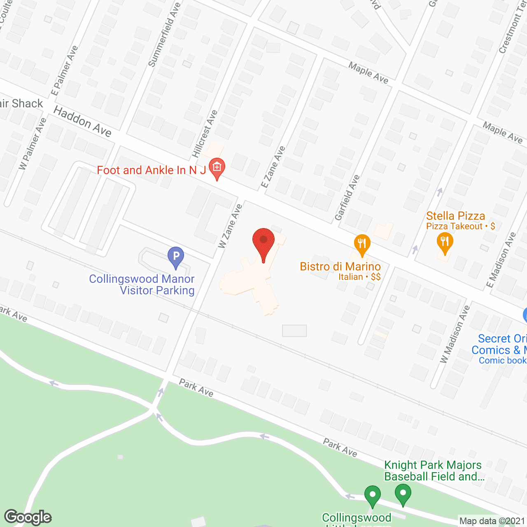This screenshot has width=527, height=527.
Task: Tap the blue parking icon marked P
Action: coord(176,257)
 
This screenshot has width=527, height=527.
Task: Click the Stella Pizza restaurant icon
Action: coord(445,242)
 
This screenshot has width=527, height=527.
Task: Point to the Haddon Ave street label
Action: coord(82,121)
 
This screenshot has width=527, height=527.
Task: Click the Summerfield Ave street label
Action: coord(164,35)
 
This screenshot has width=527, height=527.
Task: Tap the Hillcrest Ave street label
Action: coord(205,134)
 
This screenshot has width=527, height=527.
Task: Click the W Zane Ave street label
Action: coord(230,226)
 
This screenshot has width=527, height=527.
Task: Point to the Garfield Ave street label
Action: coord(347,198)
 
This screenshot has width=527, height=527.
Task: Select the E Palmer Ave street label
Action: coord(64,71)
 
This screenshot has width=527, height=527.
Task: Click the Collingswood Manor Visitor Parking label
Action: coord(142,284)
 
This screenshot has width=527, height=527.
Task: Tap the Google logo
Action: coord(28,517)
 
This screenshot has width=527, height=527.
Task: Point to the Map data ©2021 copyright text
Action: coord(492,521)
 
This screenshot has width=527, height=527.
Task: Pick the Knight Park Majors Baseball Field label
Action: coord(433,471)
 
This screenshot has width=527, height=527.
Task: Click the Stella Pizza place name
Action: coord(455,216)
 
